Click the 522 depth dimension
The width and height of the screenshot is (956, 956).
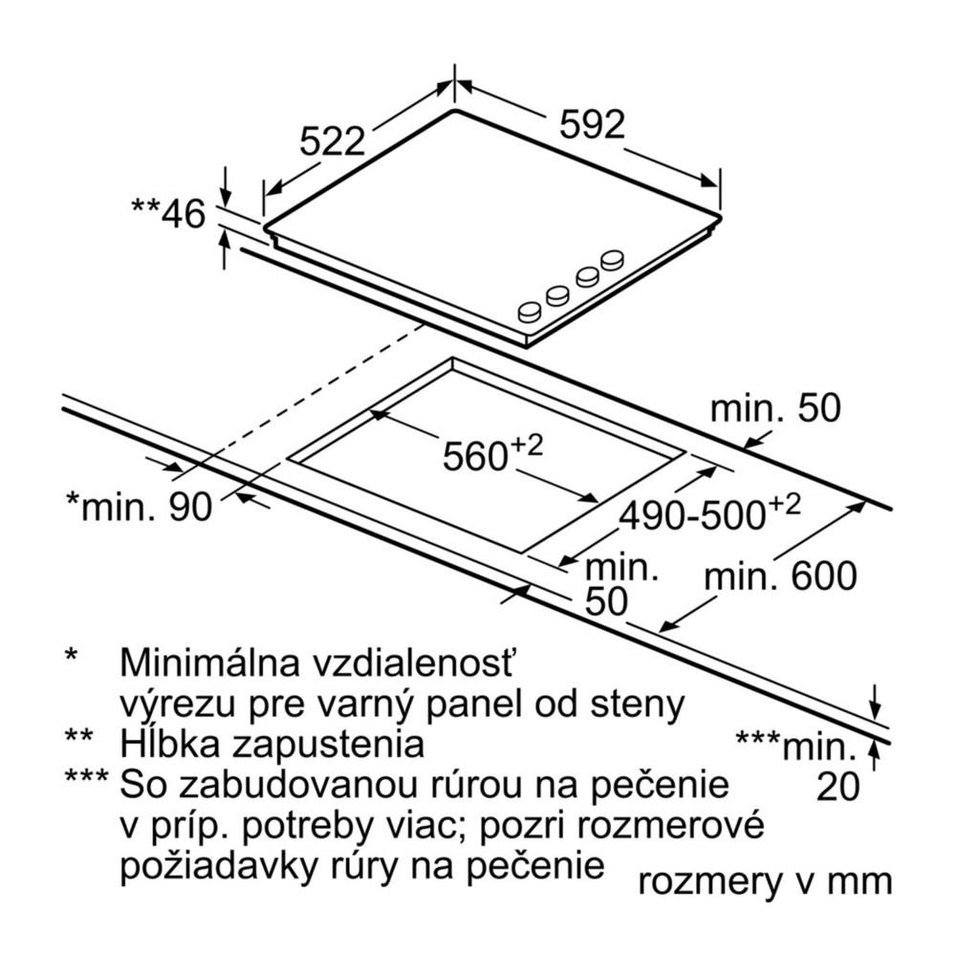[x=333, y=141]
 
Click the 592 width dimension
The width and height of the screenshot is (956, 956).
[x=592, y=124]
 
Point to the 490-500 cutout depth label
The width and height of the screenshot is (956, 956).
[x=708, y=514]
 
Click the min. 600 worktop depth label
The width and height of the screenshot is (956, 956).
[x=780, y=576]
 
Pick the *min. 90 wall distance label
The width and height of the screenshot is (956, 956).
[x=140, y=507]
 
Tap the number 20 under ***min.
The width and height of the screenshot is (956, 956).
[x=838, y=786]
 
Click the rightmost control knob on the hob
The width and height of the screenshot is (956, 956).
[x=612, y=258]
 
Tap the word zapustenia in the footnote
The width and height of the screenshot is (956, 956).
[x=326, y=743]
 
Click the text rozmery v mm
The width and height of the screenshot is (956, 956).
[x=765, y=880]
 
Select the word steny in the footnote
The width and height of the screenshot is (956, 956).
[x=639, y=705]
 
